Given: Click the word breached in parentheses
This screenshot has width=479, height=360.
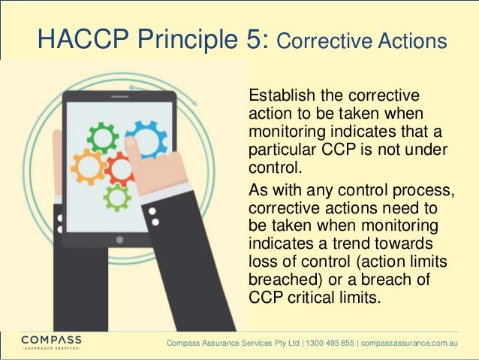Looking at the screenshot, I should pos(277,279).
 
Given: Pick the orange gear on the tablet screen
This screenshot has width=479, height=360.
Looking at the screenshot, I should pos(89,167).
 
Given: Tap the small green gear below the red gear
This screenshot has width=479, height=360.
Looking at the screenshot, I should pos(117,198).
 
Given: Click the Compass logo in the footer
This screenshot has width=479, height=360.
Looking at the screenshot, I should pos(51,342).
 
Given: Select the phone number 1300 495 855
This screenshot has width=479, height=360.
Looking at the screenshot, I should pos(331,343).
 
